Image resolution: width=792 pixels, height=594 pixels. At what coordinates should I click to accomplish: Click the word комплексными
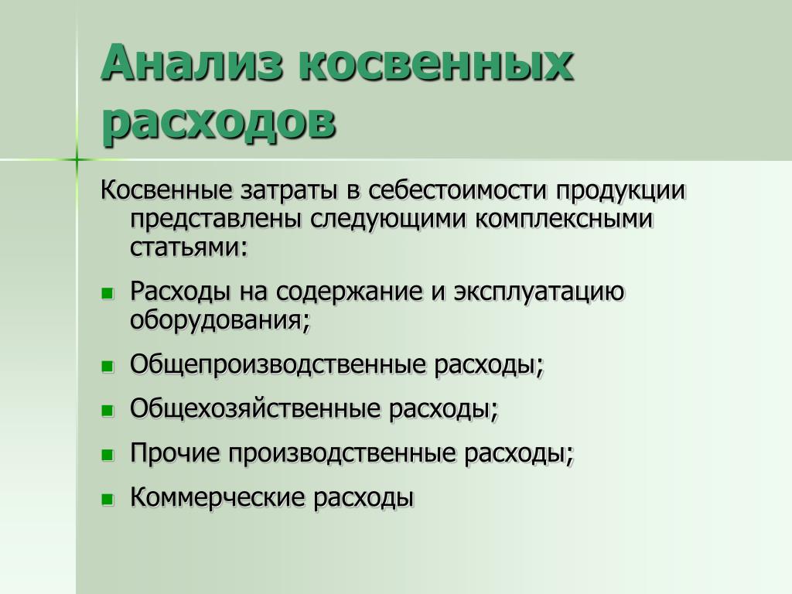coord(564,220)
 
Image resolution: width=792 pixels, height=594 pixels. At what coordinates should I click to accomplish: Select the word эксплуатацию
coord(539,292)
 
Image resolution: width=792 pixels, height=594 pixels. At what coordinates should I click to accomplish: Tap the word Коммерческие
coord(217,497)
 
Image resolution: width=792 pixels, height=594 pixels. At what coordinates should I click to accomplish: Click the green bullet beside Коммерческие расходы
coord(108,500)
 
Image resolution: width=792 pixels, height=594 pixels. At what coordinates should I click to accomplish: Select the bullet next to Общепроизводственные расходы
coord(108,367)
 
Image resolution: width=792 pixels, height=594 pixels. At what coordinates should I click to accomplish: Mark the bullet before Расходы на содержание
coord(108,293)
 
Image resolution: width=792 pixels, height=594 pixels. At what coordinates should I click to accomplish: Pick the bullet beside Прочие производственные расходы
coord(108,456)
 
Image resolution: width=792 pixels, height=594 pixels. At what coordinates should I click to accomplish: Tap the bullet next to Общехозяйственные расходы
coord(108,411)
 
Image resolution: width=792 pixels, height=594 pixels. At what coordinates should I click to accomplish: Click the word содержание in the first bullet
coord(349,292)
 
